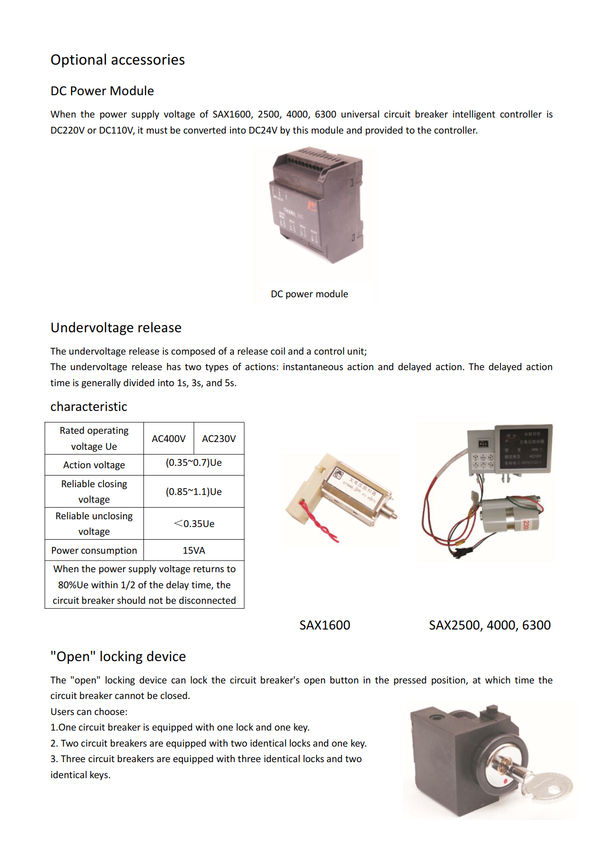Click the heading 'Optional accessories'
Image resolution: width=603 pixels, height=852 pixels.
pyautogui.click(x=118, y=60)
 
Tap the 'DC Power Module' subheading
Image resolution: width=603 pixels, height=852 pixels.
pyautogui.click(x=102, y=91)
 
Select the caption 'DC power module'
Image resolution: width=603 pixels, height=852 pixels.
pyautogui.click(x=309, y=294)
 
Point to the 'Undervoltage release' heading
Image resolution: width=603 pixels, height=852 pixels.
pyautogui.click(x=116, y=328)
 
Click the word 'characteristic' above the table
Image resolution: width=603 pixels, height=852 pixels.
pyautogui.click(x=89, y=407)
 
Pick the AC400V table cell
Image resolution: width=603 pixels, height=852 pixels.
pyautogui.click(x=168, y=439)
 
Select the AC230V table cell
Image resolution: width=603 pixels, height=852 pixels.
pyautogui.click(x=219, y=439)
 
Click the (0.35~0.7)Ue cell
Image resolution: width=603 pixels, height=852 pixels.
pyautogui.click(x=194, y=463)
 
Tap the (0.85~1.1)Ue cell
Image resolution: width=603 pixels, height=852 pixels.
pyautogui.click(x=194, y=492)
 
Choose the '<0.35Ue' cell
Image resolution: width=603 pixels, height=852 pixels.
pyautogui.click(x=194, y=524)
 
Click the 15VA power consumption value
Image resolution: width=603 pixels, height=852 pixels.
pyautogui.click(x=194, y=550)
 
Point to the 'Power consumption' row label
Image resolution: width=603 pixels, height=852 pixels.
pyautogui.click(x=94, y=550)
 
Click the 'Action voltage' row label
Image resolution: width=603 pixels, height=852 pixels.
pyautogui.click(x=94, y=465)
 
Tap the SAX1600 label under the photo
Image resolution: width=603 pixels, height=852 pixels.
pyautogui.click(x=324, y=625)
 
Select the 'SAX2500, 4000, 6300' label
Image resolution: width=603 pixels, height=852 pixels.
pyautogui.click(x=489, y=625)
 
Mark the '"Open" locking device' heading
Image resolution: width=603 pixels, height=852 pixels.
pyautogui.click(x=118, y=657)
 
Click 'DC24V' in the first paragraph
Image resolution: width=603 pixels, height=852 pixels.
pyautogui.click(x=263, y=130)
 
